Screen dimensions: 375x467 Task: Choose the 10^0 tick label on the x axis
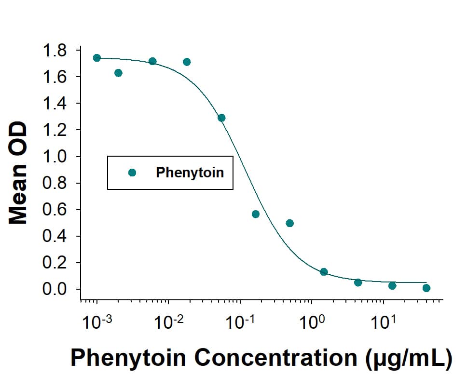click(310, 321)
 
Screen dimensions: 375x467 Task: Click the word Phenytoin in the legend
click(190, 173)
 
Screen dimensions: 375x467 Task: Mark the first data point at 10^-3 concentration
click(97, 58)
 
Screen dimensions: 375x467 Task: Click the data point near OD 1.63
click(118, 73)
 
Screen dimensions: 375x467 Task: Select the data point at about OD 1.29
click(221, 118)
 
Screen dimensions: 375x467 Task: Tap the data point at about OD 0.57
click(256, 214)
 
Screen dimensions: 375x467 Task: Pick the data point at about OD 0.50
click(289, 223)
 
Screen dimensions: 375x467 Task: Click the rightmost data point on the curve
click(426, 288)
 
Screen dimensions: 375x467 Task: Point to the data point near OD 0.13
click(324, 272)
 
